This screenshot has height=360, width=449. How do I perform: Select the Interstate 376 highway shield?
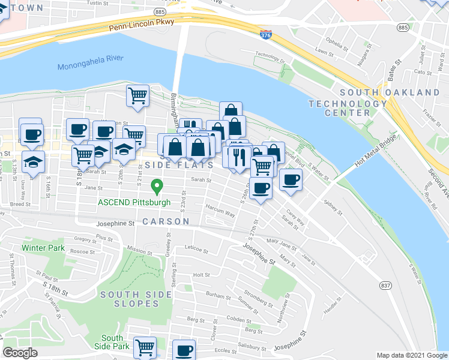pyautogui.click(x=265, y=35)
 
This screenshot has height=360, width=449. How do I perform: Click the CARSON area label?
pyautogui.click(x=166, y=221)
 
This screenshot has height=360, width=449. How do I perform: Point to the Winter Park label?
pyautogui.click(x=42, y=247)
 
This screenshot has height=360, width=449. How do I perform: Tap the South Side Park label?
pyautogui.click(x=112, y=342)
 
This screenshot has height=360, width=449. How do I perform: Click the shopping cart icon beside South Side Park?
pyautogui.click(x=145, y=347)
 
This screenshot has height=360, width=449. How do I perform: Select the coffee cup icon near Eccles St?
pyautogui.click(x=184, y=350)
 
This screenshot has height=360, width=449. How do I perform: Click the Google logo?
pyautogui.click(x=20, y=353)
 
